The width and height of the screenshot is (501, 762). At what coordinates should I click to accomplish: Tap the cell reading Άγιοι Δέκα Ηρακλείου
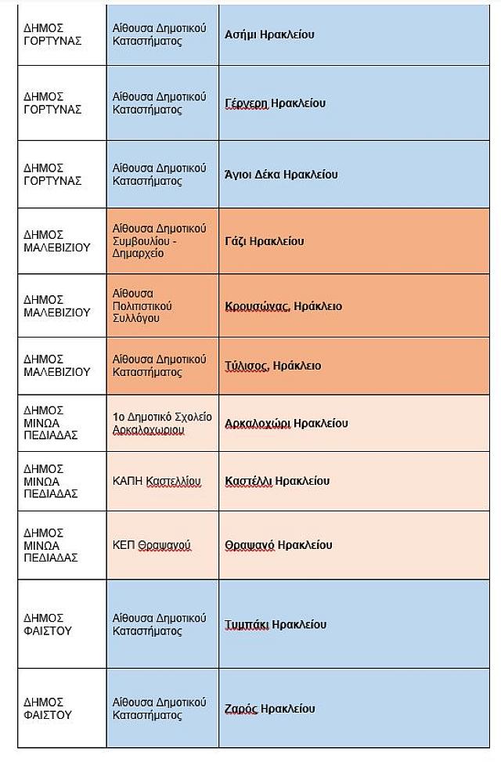point(281,175)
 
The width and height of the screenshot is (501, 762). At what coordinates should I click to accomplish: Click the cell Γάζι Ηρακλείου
point(264,241)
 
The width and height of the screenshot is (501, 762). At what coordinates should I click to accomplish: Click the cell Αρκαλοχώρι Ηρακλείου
point(286,424)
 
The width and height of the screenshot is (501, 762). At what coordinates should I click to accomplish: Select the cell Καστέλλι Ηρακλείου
point(277,481)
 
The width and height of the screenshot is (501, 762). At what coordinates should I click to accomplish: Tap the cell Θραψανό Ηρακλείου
point(279,545)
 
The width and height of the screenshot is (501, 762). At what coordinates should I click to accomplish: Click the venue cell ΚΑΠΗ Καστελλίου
point(157,481)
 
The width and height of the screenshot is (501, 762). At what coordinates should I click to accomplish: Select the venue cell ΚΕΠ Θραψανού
point(152,545)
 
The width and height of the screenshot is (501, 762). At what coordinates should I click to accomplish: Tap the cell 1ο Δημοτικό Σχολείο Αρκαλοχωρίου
point(162,424)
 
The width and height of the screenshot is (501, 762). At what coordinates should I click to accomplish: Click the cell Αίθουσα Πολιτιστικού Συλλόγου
point(142,306)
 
